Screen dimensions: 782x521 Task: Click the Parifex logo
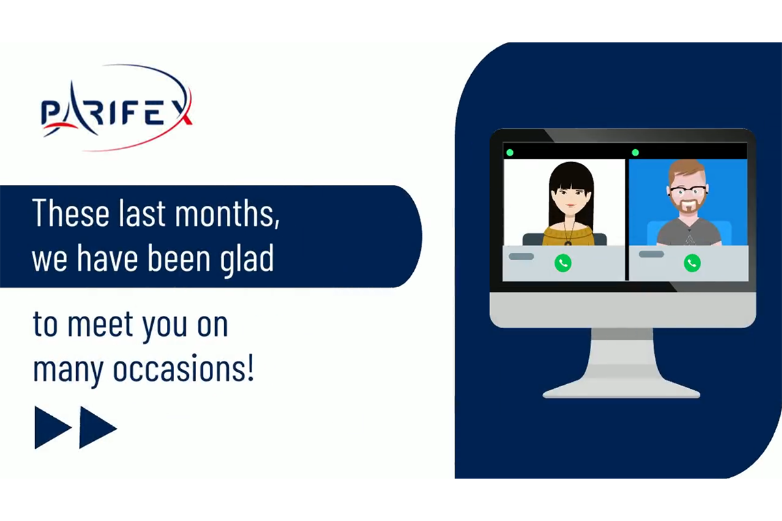117,107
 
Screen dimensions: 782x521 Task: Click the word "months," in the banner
227,213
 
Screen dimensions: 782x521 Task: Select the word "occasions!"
184,369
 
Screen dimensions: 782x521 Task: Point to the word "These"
71,213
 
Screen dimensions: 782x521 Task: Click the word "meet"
100,324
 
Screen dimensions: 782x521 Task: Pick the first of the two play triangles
53,427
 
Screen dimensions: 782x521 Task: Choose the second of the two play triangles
98,427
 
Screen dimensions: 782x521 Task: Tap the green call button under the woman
563,262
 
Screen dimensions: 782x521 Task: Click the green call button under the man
692,262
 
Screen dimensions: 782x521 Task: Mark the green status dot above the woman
510,152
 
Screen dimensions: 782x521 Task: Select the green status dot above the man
635,152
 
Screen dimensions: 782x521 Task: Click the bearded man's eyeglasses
688,191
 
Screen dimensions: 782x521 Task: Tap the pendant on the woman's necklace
568,242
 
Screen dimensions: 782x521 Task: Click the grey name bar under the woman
521,257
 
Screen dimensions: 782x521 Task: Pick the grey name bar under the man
652,254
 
